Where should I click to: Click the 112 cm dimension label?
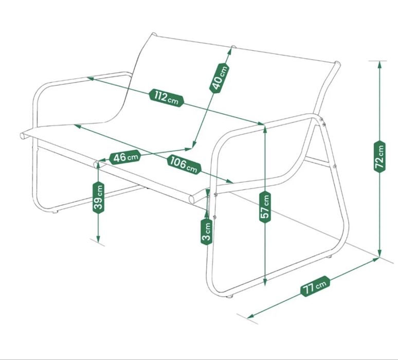166,98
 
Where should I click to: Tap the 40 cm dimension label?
219,78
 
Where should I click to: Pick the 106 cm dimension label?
184,164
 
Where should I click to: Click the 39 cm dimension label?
98,197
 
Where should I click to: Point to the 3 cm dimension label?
207,231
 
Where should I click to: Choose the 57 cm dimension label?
265,207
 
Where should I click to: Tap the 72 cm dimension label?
379,156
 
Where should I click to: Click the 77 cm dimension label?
315,286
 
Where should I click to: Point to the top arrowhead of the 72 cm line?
379,64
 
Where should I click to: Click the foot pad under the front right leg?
230,296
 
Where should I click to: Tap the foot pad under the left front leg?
55,211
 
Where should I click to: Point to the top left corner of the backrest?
153,34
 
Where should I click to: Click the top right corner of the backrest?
337,63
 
